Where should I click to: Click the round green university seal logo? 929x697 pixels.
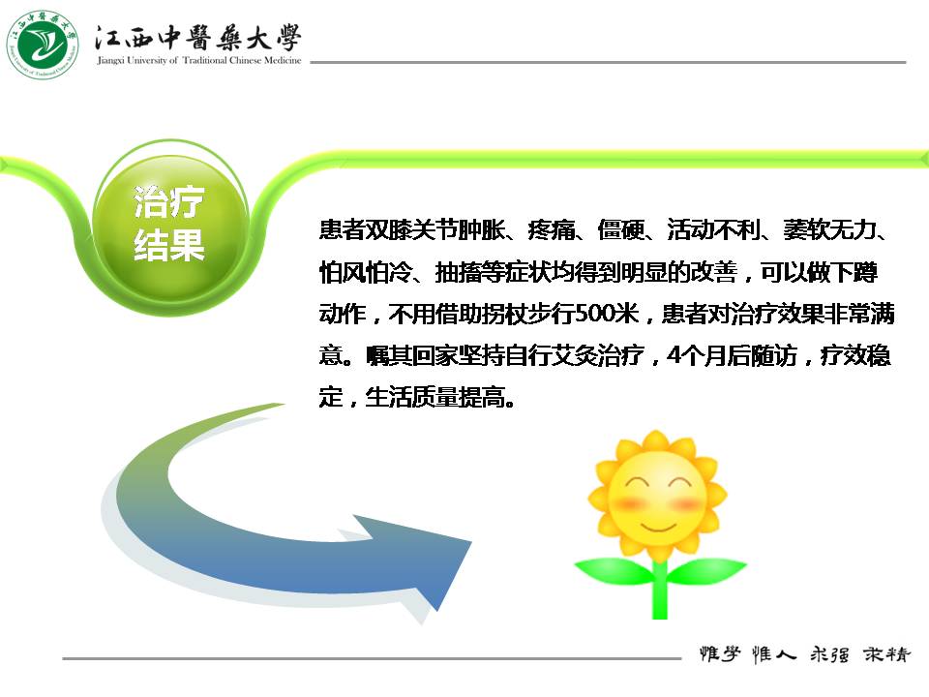coord(43,45)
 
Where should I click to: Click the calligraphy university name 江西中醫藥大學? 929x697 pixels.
coord(197,38)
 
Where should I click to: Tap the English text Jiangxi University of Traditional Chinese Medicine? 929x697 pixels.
coord(199,60)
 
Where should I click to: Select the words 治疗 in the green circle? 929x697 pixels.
coord(168,201)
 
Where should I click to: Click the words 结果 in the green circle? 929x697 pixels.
coord(168,245)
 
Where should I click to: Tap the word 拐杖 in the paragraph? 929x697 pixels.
coord(505,313)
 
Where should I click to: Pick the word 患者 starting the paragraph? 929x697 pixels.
coord(343,229)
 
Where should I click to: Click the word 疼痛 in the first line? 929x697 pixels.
coord(551,229)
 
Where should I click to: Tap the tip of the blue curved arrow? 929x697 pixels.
coord(471,541)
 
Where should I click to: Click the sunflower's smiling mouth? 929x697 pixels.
coord(657,527)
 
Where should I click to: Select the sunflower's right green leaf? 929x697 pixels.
coord(706,570)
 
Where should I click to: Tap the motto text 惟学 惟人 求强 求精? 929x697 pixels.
coord(804,654)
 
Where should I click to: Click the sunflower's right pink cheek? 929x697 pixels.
coord(686,504)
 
